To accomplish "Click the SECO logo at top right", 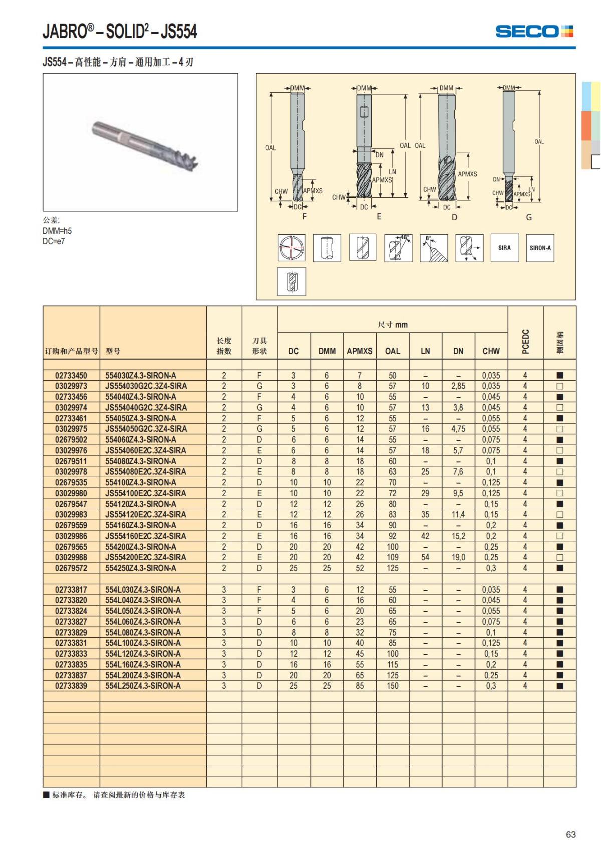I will click(534, 31).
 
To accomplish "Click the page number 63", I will click(570, 834).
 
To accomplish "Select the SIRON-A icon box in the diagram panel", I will click(540, 248).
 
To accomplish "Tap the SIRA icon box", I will click(504, 248).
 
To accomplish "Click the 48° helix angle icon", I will click(398, 248).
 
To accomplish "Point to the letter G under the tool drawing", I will click(529, 217).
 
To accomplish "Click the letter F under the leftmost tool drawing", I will click(304, 217).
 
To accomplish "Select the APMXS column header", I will click(359, 351).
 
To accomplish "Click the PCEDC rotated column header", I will click(525, 341).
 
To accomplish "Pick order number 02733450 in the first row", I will click(71, 375).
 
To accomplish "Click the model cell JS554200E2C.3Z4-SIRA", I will click(145, 557).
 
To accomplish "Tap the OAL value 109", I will click(392, 557).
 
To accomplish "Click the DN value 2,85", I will click(458, 386).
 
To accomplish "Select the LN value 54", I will click(425, 557).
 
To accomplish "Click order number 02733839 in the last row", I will click(71, 686).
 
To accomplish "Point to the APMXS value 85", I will click(359, 686).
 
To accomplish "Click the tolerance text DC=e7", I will click(54, 241).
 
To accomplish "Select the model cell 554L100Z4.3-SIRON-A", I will click(143, 643).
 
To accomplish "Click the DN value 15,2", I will click(458, 536).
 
